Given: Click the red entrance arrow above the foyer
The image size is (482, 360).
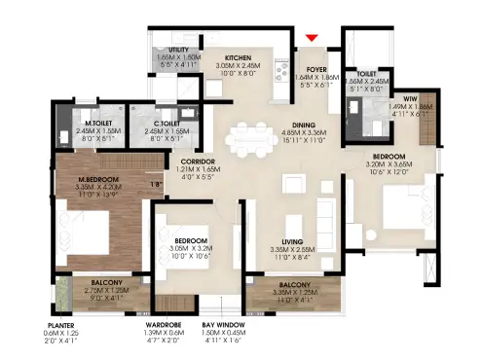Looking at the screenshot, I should pyautogui.click(x=312, y=38).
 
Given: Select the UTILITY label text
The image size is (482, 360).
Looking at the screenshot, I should pyautogui.click(x=177, y=49).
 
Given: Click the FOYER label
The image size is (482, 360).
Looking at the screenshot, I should pyautogui.click(x=316, y=69).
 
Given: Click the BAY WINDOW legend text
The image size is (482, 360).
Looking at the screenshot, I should pyautogui.click(x=223, y=325).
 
